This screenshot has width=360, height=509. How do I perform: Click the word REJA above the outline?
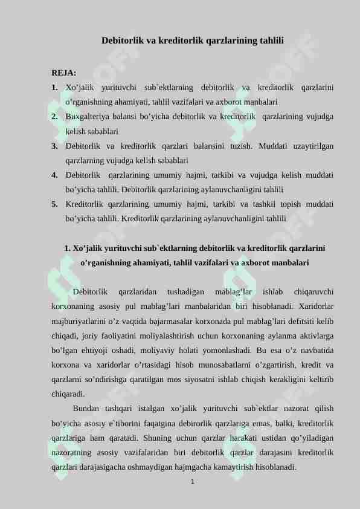63,73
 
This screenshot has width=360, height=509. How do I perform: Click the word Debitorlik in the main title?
123,41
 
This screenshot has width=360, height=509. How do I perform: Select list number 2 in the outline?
55,117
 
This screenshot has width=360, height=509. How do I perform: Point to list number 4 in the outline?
55,175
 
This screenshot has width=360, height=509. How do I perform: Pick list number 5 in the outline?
55,204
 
